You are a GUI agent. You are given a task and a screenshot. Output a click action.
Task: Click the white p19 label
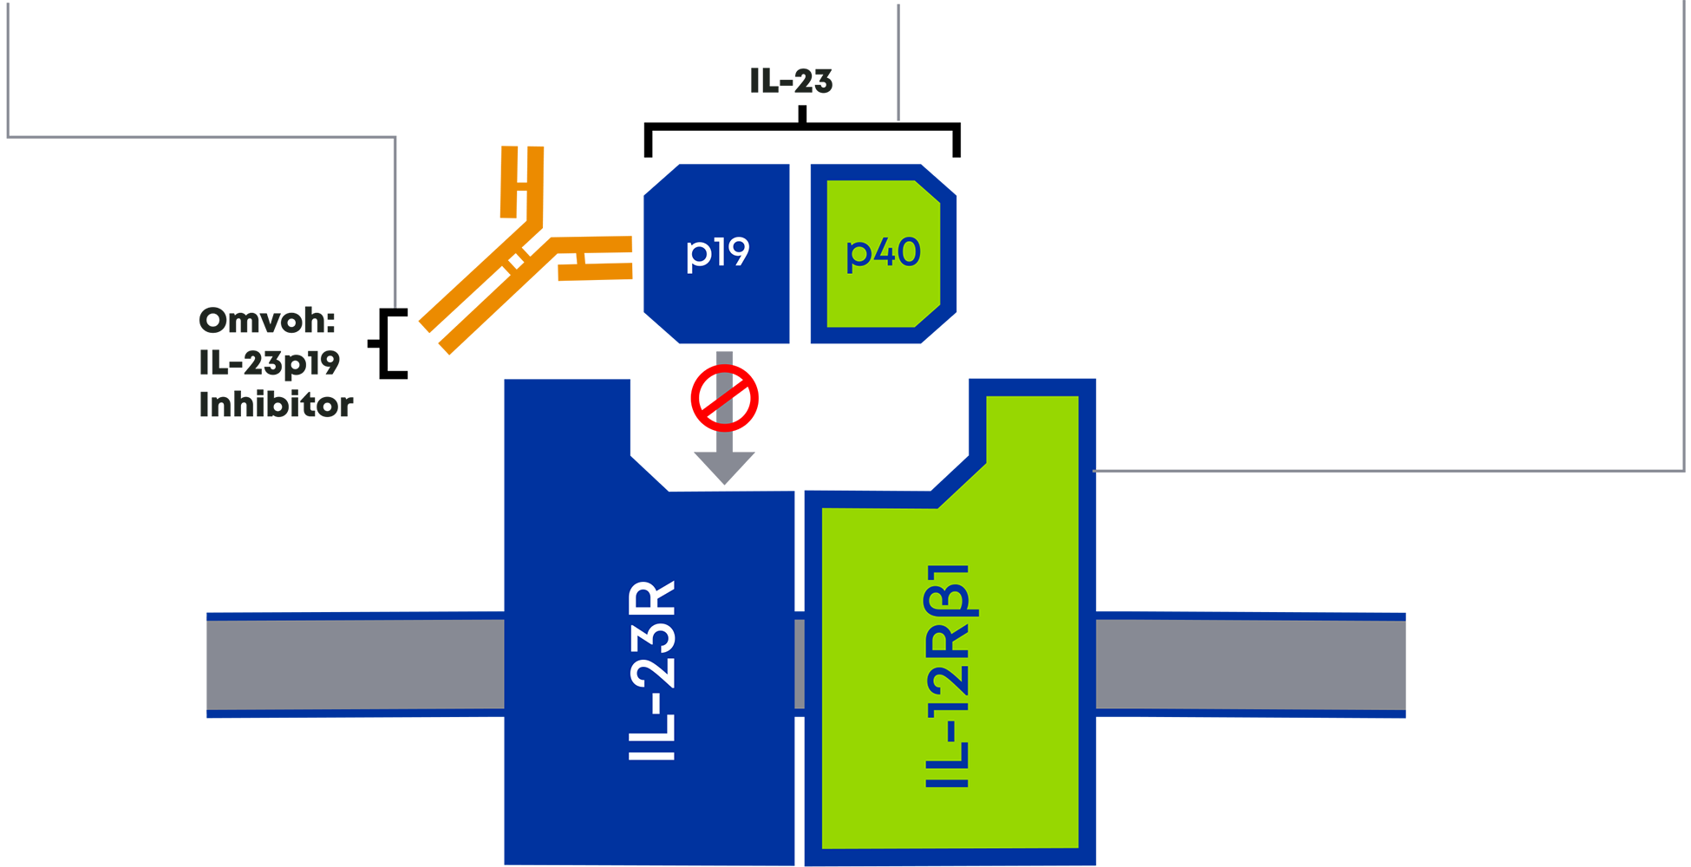coord(717,253)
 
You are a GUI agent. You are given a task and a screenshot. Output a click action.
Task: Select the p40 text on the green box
coord(883,253)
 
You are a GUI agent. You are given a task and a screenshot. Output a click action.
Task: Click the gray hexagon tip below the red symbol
coord(725,468)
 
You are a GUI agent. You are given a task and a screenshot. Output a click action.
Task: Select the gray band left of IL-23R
coord(273,664)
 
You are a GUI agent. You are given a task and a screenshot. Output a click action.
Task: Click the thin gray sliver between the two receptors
coord(800,664)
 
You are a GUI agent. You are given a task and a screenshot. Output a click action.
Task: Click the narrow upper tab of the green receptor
coord(1032,433)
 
